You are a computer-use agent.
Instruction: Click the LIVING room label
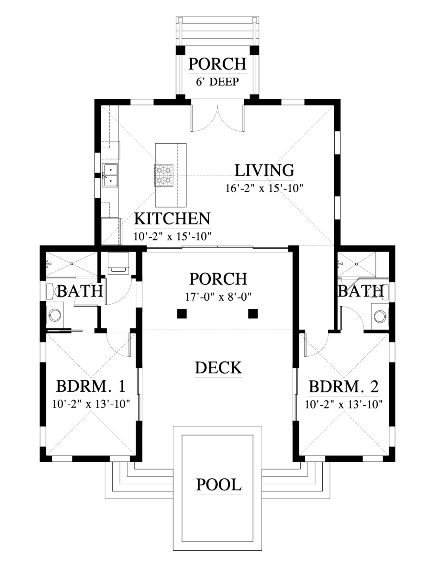tap(264, 170)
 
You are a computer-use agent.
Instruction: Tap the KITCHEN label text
tap(172, 219)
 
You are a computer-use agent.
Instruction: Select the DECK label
tap(218, 368)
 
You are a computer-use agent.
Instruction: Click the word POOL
tap(219, 484)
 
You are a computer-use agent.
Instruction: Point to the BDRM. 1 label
tap(91, 386)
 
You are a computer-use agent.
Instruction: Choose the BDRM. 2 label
tap(344, 387)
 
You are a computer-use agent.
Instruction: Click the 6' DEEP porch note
tap(217, 82)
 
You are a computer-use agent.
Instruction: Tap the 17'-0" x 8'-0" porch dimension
tap(218, 297)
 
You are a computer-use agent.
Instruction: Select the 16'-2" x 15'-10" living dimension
tap(264, 189)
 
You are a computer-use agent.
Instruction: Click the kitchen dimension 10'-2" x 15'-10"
tap(172, 236)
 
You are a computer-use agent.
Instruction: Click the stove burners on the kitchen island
tap(164, 175)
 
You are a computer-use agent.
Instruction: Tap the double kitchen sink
tap(110, 175)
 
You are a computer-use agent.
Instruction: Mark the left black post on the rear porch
tap(182, 314)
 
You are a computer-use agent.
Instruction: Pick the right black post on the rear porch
tap(253, 314)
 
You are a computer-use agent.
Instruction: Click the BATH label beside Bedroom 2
tap(361, 291)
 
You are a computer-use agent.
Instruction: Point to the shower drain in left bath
tap(72, 264)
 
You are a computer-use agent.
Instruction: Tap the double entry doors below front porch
tap(218, 118)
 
